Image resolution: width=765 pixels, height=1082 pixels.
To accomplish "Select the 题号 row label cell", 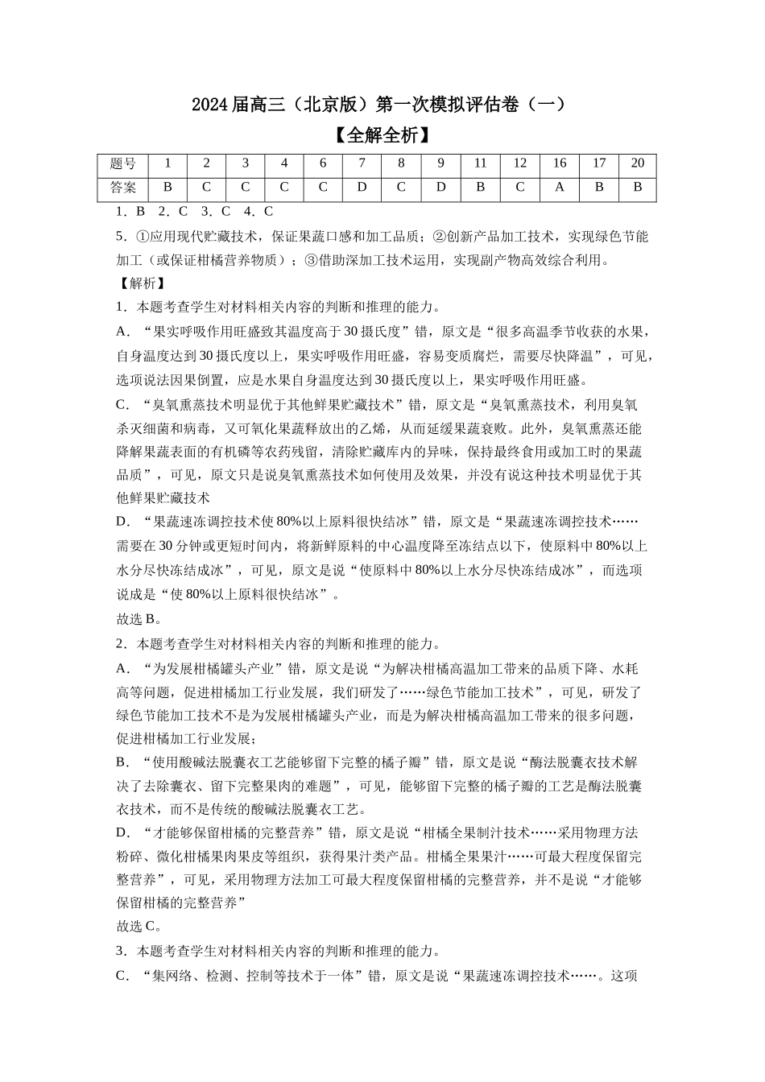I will click(x=122, y=163).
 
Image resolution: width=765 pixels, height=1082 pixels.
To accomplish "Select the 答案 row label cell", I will click(x=122, y=188).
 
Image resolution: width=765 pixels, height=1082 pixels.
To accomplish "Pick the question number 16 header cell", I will click(x=560, y=163).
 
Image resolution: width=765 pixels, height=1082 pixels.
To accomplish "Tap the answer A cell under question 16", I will click(x=560, y=188).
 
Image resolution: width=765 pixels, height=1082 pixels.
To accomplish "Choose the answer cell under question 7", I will click(x=362, y=188).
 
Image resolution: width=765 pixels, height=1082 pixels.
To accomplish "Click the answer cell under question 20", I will click(x=638, y=188).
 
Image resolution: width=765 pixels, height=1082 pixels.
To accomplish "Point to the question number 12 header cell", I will click(x=520, y=163).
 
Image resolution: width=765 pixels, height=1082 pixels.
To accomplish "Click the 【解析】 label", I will click(x=141, y=283).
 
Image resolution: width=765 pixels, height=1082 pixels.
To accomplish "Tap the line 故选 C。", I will click(x=141, y=926).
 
